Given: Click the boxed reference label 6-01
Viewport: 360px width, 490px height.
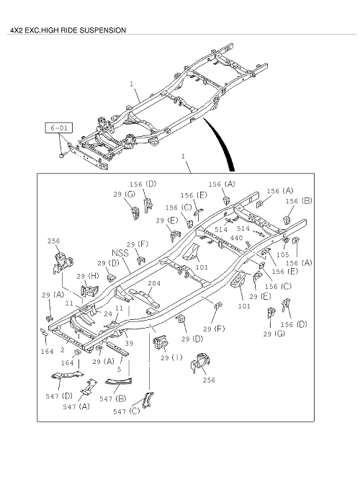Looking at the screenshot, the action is click(59, 128).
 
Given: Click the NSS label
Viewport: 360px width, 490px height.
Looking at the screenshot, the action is click(120, 253).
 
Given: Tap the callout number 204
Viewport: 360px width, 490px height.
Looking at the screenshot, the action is click(154, 283).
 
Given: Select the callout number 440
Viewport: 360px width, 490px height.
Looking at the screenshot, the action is click(236, 238).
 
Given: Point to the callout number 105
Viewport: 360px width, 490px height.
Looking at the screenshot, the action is click(282, 254).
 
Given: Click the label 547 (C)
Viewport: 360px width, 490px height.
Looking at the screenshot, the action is click(127, 411).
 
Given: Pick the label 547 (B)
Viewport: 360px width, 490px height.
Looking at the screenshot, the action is click(113, 398).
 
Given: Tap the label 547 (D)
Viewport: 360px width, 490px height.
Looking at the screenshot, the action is click(59, 396).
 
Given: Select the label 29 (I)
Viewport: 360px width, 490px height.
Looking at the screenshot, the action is click(171, 357).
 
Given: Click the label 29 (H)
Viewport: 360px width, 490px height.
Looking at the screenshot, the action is click(88, 276).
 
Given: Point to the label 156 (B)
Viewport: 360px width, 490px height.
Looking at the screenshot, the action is click(299, 201).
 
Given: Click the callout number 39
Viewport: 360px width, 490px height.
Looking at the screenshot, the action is click(129, 343).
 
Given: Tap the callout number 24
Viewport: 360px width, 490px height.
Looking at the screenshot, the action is click(108, 313).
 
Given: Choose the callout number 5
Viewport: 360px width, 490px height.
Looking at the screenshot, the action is click(119, 370).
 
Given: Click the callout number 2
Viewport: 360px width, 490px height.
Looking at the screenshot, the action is click(63, 349).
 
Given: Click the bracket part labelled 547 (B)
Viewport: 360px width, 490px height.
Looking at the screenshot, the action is click(119, 381).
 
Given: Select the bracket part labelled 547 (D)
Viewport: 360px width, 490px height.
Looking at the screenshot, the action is click(68, 375).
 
